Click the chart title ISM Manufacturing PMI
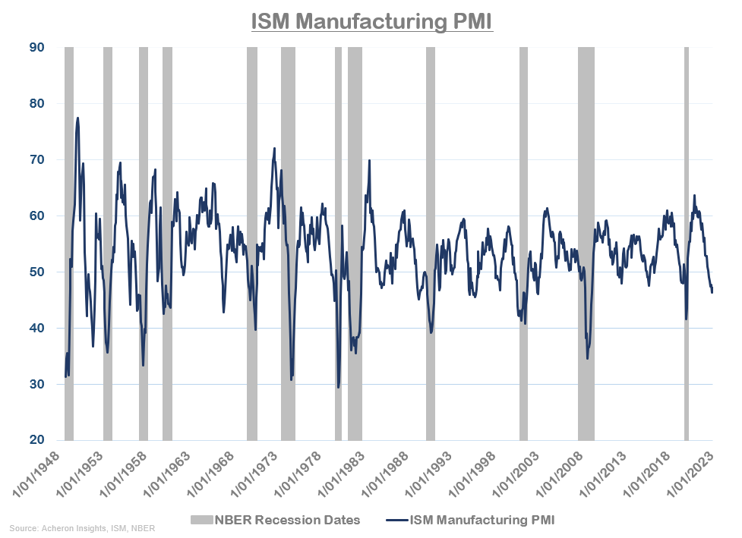click(372, 20)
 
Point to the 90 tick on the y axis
click(36, 47)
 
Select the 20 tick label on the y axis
click(36, 440)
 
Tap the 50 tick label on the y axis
click(36, 272)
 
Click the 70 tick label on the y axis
click(36, 159)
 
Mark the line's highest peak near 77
click(77, 118)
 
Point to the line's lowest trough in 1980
click(338, 387)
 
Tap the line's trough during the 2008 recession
click(587, 357)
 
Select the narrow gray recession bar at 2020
click(687, 243)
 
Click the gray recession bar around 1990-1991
click(431, 243)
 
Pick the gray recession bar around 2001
click(523, 243)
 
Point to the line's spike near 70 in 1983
click(370, 160)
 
